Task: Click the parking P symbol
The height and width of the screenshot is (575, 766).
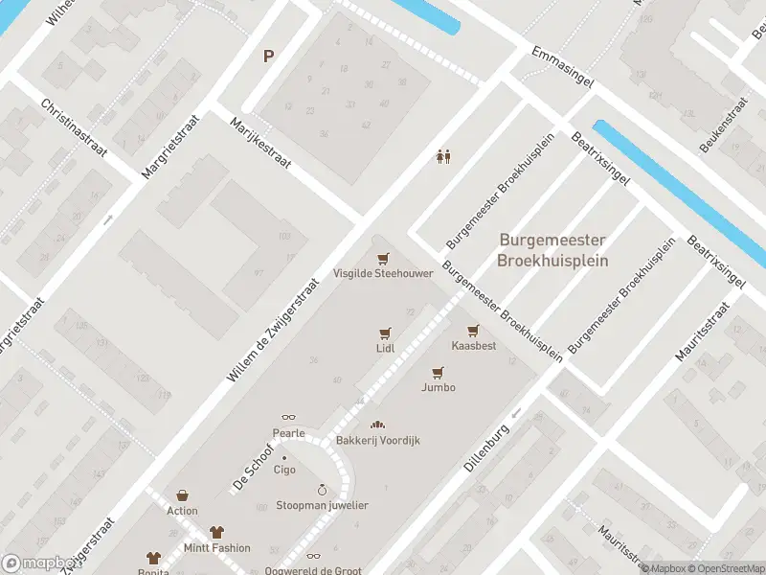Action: tap(269, 56)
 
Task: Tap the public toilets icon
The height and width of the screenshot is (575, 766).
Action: tap(443, 156)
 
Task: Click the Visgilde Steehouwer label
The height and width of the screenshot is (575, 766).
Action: tap(383, 273)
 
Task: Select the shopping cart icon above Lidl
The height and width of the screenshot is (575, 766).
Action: tap(385, 333)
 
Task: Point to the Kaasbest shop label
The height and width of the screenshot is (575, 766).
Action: tap(474, 346)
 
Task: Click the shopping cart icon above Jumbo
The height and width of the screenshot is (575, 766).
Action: tap(439, 372)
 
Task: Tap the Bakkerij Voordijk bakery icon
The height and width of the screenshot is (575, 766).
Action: tap(377, 425)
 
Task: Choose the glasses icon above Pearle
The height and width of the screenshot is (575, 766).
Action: tap(288, 418)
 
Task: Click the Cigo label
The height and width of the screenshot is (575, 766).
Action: tap(284, 470)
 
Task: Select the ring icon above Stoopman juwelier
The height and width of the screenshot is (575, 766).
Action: tap(322, 490)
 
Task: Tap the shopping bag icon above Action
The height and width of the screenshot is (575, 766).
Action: tap(182, 495)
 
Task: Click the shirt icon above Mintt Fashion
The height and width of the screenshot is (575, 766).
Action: tap(217, 532)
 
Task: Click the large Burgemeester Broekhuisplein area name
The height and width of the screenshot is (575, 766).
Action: tap(553, 251)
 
